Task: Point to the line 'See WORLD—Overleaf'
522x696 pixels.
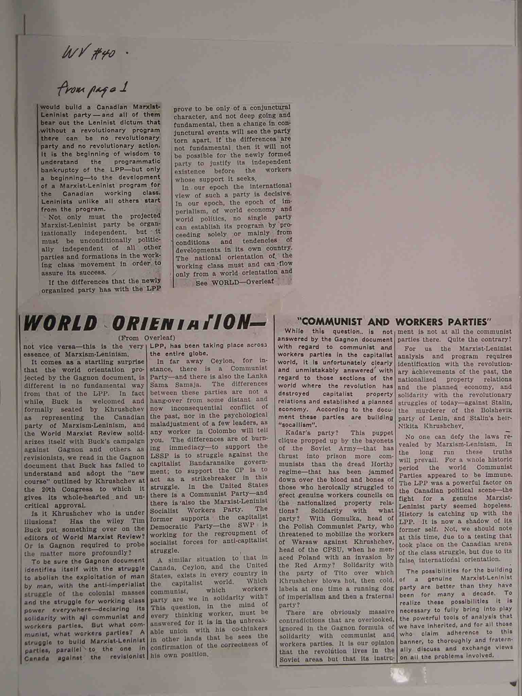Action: (x=235, y=282)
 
